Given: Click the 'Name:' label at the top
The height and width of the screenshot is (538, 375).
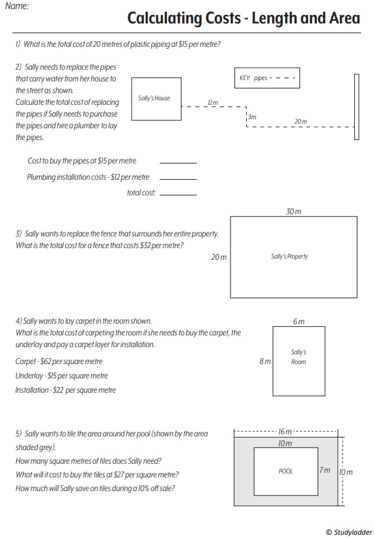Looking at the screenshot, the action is (x=17, y=6).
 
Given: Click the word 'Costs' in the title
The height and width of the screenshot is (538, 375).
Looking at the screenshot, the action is (x=223, y=18).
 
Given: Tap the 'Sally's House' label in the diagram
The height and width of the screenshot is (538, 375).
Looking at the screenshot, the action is (x=154, y=98).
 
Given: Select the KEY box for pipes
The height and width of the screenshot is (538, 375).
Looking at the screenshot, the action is (x=267, y=78).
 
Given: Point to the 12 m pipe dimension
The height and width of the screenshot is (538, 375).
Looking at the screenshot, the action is (x=213, y=103).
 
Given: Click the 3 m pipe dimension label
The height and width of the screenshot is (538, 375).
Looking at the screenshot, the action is (x=252, y=117).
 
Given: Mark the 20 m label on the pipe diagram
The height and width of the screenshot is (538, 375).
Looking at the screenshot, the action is (x=301, y=121).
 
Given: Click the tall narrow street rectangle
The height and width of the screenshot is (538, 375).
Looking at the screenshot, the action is (x=357, y=107).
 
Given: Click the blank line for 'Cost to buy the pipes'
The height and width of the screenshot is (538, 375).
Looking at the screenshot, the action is (x=178, y=163).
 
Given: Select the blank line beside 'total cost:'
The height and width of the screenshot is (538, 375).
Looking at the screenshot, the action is (x=178, y=195).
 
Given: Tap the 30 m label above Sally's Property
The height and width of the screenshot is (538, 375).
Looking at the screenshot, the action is (x=294, y=212).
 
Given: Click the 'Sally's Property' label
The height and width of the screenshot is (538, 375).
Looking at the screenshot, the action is (x=290, y=257).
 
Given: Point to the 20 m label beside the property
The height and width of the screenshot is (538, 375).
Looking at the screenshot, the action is (x=219, y=257).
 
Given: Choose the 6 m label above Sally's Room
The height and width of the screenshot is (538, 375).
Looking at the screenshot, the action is (x=298, y=322).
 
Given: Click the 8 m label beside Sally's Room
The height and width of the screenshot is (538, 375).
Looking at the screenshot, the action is (x=265, y=361).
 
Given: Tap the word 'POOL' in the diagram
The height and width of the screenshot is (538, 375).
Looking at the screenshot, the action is (x=286, y=472).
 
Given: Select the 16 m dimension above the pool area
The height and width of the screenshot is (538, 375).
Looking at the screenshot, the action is (x=285, y=432).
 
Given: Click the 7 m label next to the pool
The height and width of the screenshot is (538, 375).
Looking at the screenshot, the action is (x=325, y=470).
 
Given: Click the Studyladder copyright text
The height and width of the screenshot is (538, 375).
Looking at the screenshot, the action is (x=349, y=532).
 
